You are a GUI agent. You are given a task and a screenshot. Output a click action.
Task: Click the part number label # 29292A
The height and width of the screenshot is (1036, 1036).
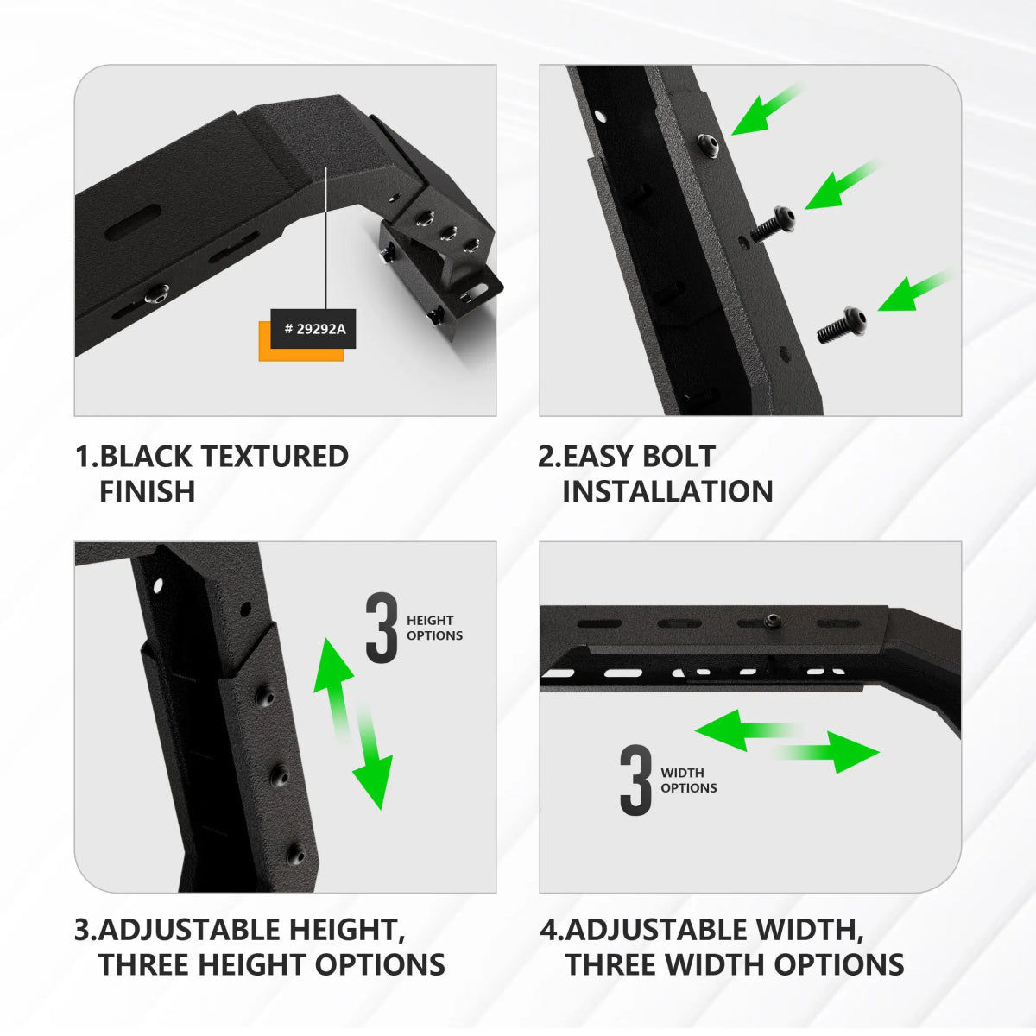click(313, 329)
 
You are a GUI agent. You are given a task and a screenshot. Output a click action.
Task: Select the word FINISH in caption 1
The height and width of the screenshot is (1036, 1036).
click(148, 491)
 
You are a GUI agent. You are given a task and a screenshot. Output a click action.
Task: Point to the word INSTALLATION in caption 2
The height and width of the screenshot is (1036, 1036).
click(667, 491)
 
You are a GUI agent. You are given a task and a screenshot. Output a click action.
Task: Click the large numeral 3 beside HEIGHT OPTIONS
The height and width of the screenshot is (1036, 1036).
click(382, 628)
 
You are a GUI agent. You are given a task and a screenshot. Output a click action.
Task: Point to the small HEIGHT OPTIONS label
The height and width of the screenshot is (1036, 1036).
click(434, 628)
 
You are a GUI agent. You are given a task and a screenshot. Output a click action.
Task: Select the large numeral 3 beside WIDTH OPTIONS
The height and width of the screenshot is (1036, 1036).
click(636, 780)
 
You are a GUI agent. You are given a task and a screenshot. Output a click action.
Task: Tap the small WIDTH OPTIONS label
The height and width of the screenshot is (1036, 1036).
click(688, 780)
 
